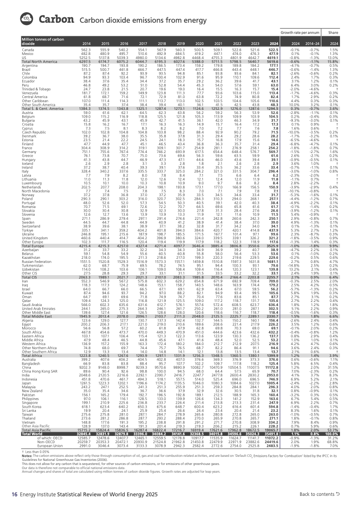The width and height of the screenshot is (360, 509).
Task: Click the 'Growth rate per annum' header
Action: pyautogui.click(x=297, y=33)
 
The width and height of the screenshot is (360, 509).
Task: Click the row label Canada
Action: pyautogui.click(x=28, y=49)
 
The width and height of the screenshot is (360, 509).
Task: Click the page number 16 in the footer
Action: pyautogui.click(x=14, y=494)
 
